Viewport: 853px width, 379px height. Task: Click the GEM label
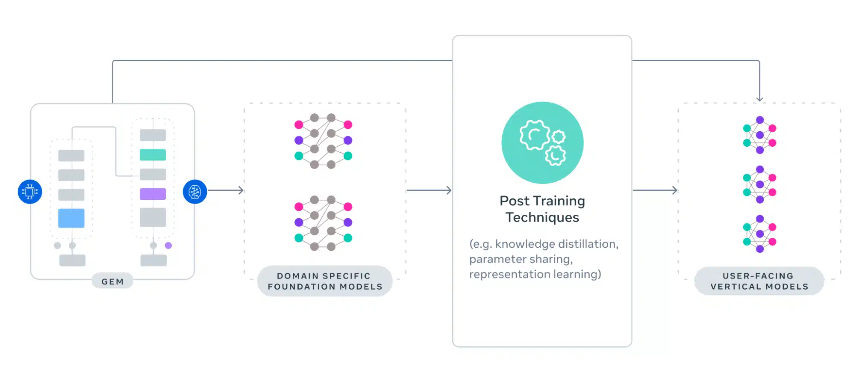click(112, 281)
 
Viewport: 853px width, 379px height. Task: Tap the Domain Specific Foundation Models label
click(325, 281)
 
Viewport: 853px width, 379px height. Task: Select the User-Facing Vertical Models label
click(759, 281)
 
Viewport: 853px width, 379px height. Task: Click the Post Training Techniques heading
click(542, 209)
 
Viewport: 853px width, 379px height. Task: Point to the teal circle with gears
click(542, 142)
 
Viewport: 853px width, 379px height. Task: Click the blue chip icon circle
click(30, 192)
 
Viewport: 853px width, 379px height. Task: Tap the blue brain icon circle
click(195, 192)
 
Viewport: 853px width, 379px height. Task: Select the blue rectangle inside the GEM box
click(71, 218)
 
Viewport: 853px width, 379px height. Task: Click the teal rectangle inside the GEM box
click(153, 155)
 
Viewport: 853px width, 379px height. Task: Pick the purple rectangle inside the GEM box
click(153, 194)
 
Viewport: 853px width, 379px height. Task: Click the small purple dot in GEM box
click(168, 246)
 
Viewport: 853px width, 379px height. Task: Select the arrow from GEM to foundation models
click(226, 190)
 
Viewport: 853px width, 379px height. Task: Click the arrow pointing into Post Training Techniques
click(429, 190)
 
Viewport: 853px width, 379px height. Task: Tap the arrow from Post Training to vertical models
click(655, 190)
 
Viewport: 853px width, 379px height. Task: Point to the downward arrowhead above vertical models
click(759, 98)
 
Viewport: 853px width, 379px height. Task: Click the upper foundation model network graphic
click(323, 141)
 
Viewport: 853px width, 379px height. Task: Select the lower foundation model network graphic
click(323, 222)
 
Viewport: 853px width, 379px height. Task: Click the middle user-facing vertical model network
click(759, 184)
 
